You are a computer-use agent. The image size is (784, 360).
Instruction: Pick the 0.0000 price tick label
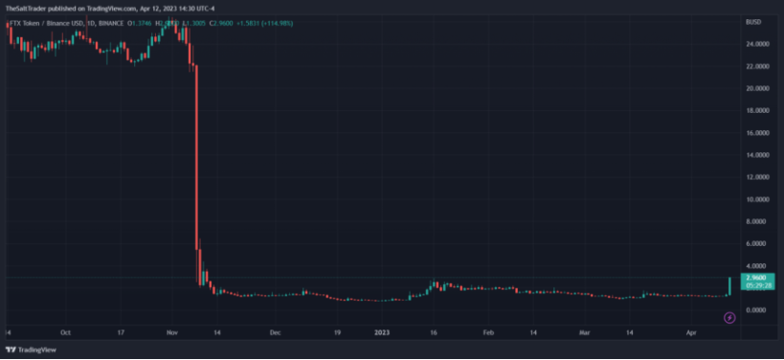pyautogui.click(x=758, y=310)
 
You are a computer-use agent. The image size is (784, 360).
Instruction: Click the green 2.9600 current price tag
pyautogui.click(x=756, y=278)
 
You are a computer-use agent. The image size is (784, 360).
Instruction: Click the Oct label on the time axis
pyautogui.click(x=65, y=332)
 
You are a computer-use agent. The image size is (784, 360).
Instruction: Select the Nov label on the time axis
pyautogui.click(x=171, y=332)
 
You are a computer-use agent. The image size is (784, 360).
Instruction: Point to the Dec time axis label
pyautogui.click(x=275, y=332)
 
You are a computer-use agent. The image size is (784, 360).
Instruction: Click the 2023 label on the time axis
pyautogui.click(x=382, y=332)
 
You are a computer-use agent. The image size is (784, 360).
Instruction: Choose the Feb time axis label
pyautogui.click(x=488, y=332)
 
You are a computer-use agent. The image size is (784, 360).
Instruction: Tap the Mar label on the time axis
pyautogui.click(x=584, y=332)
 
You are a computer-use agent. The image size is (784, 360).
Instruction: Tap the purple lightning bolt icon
pyautogui.click(x=729, y=317)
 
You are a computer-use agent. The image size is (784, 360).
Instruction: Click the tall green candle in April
pyautogui.click(x=729, y=285)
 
